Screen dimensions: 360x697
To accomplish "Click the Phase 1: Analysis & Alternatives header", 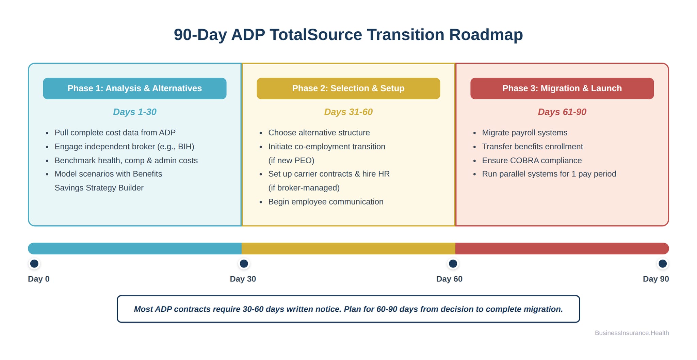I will [x=134, y=88].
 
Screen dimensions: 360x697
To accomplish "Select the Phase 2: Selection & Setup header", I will [x=348, y=88].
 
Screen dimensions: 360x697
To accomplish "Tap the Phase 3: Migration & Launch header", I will [x=562, y=88].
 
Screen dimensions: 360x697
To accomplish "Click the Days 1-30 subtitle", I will [x=134, y=112].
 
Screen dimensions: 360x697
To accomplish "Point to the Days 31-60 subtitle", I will [x=348, y=112].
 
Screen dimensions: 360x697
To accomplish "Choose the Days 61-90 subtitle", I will [x=562, y=112].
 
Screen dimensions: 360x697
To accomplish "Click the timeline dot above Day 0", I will [x=34, y=264].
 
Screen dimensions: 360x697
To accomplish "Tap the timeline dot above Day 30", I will [x=244, y=264].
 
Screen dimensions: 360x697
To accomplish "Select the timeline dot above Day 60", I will [x=453, y=264].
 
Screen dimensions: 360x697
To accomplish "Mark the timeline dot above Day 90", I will [x=663, y=264].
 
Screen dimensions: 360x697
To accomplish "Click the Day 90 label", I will [x=655, y=279].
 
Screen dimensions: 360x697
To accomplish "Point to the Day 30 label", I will [x=243, y=279].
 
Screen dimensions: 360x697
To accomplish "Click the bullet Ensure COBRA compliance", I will [x=532, y=161].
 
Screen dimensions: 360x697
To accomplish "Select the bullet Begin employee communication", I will [x=326, y=202].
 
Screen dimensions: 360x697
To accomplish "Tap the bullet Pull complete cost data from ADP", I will [x=115, y=133].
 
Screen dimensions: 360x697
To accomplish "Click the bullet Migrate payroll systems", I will [x=524, y=133].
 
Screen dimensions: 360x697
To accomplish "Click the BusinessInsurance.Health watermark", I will [x=632, y=333].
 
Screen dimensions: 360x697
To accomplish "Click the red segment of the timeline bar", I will [x=562, y=248].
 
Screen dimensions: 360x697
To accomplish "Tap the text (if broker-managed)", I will [x=304, y=188].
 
